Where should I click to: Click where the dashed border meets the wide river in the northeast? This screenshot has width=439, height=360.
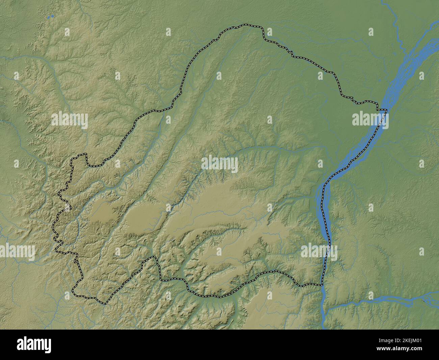pyautogui.click(x=386, y=110)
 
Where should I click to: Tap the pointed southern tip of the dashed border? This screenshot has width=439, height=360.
pyautogui.click(x=105, y=303)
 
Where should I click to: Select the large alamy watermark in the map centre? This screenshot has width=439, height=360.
pyautogui.click(x=219, y=165)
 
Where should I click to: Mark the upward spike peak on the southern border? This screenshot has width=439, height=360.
pyautogui.click(x=155, y=257)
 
